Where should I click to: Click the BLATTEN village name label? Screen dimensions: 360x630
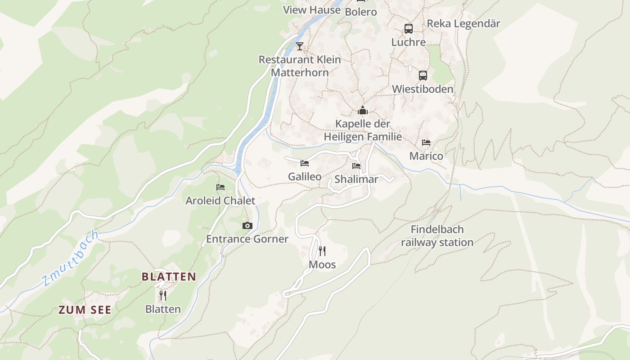pos(169,276)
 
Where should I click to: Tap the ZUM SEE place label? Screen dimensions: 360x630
pos(85,310)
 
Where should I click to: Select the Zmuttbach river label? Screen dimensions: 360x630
pos(70,258)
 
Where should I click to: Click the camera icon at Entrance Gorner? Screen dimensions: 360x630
pos(247,225)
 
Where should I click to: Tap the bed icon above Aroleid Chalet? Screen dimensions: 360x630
pos(220,187)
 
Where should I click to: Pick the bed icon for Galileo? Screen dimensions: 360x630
pos(305,163)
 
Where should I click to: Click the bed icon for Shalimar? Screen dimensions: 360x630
pos(356,166)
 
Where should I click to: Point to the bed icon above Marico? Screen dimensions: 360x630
pos(426,143)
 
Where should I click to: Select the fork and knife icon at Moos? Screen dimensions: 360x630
pos(322,251)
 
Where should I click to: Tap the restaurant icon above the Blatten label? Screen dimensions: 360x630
pos(163,296)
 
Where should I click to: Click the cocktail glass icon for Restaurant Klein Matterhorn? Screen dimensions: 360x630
pos(300,46)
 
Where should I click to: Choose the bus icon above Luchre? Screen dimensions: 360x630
pos(408,28)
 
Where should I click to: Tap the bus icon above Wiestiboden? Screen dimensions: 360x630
pos(423,75)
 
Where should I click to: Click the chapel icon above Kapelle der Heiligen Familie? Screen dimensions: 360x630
pos(363,110)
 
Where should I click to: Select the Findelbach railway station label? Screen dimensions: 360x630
pos(437,236)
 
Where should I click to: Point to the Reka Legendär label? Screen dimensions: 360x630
pos(463,23)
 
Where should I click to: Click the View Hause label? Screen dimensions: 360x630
pos(311,9)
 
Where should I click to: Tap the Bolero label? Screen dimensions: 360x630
pos(360,12)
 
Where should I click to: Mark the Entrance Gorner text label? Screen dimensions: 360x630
pos(247,238)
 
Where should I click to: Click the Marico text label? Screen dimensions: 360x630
pos(426,156)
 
